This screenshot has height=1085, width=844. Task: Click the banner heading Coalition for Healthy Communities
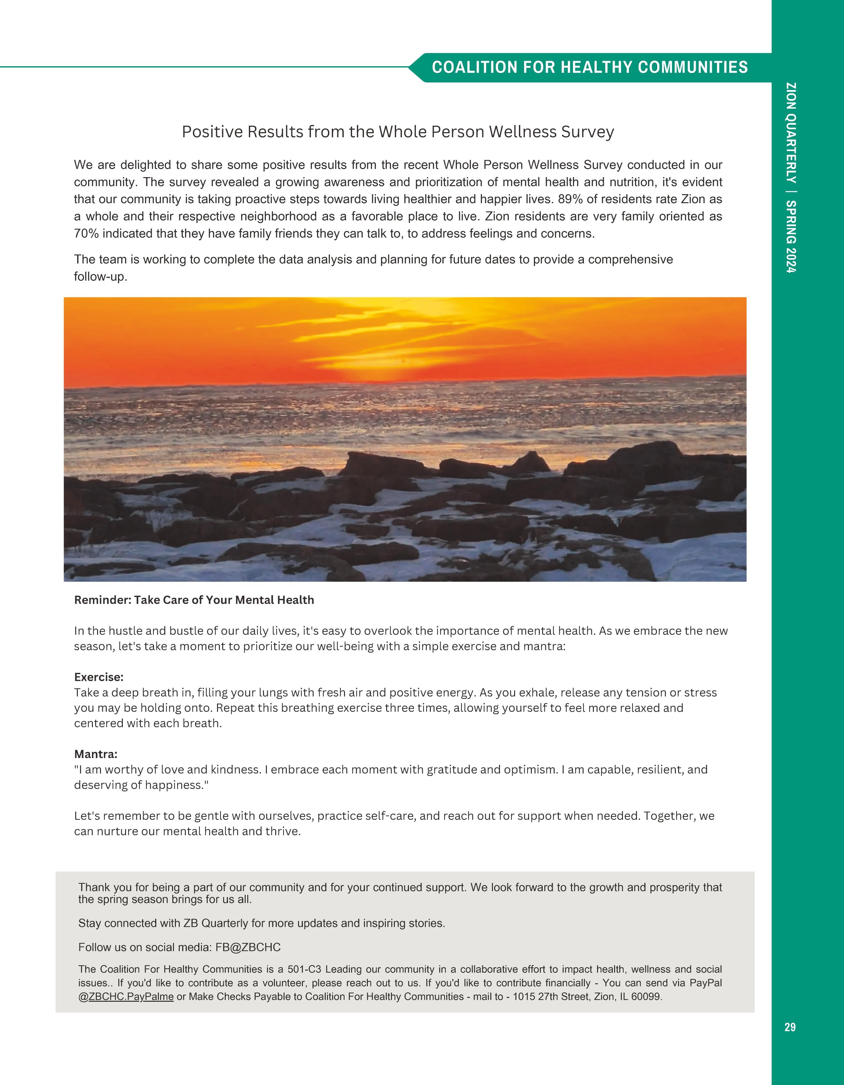590,68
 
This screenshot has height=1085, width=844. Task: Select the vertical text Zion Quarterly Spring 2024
791,178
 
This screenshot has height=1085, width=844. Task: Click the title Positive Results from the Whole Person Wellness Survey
398,132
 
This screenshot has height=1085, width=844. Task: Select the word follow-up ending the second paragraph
100,277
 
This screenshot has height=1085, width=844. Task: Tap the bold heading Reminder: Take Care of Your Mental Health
194,600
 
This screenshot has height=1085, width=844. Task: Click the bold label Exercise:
99,677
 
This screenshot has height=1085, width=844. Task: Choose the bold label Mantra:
96,754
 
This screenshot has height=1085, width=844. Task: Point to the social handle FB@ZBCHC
248,947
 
